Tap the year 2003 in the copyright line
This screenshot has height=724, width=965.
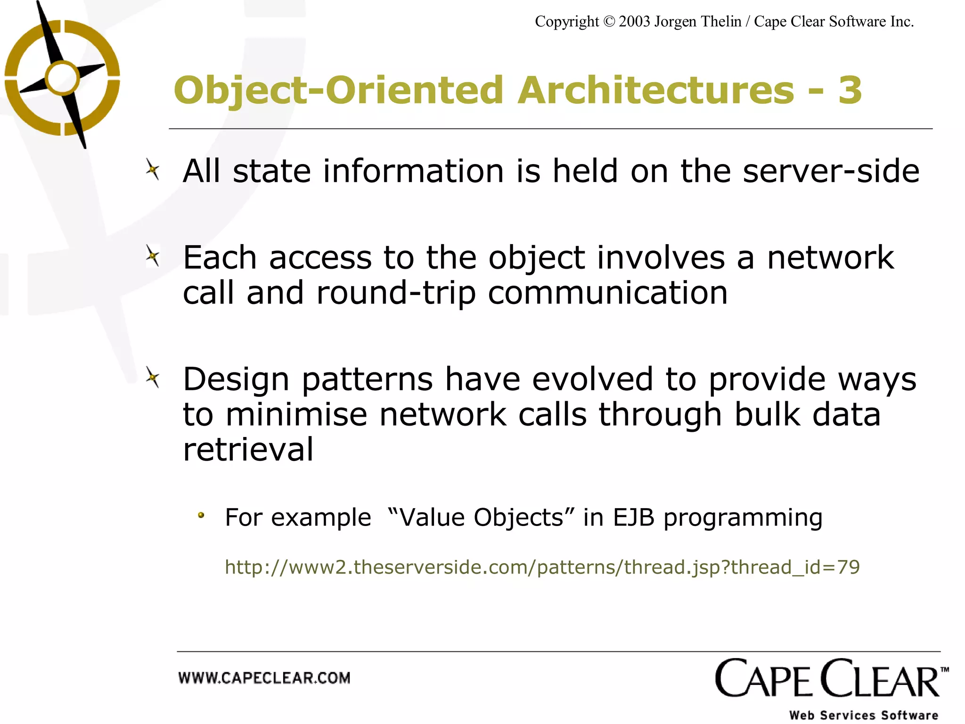click(634, 22)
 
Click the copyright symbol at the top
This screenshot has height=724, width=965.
click(609, 22)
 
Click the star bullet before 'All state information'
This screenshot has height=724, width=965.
click(152, 170)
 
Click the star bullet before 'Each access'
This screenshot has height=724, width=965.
click(152, 256)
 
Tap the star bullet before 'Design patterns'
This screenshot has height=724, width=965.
click(152, 378)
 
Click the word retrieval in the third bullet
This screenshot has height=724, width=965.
click(248, 449)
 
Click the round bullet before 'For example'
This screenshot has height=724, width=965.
click(201, 516)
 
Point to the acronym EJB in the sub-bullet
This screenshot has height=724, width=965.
click(633, 517)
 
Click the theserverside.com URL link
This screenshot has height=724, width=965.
click(542, 567)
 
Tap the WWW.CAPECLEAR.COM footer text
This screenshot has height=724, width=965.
click(264, 678)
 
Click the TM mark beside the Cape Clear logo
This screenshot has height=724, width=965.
click(944, 670)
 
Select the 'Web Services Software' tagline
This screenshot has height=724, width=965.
click(863, 715)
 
